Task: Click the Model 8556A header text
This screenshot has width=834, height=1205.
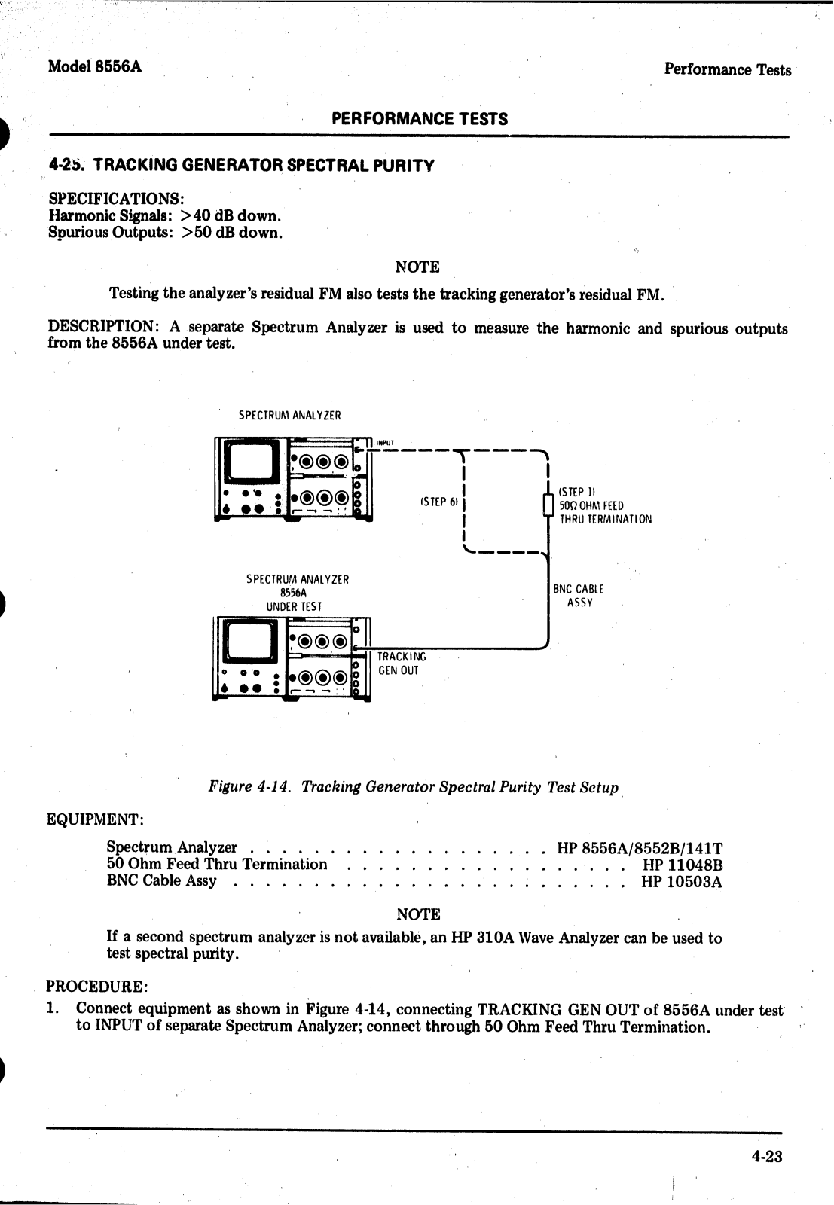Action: coord(94,66)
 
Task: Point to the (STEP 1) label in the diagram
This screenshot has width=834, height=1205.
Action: coord(578,492)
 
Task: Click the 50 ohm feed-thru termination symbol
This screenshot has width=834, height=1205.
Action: coord(548,505)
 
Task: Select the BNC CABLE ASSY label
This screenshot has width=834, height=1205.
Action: coord(579,596)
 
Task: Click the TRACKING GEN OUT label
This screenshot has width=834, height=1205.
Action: coord(401,664)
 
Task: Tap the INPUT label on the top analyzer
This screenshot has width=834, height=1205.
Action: coord(385,443)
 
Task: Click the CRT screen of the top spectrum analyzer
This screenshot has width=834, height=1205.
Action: coord(250,461)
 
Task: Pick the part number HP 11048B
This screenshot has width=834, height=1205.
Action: coord(682,865)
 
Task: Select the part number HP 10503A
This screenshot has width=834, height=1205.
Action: coord(681,882)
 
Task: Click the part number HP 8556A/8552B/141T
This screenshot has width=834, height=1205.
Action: coord(640,849)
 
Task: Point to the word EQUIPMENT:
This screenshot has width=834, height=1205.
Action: coord(95,819)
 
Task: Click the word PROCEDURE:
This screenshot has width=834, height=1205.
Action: coord(97,987)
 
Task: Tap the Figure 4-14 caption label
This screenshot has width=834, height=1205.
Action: coord(249,787)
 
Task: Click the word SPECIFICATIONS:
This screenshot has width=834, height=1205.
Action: coord(117,199)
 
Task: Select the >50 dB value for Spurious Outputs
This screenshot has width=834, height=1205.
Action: coord(232,233)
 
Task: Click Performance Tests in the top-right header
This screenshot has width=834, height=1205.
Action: coord(727,70)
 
